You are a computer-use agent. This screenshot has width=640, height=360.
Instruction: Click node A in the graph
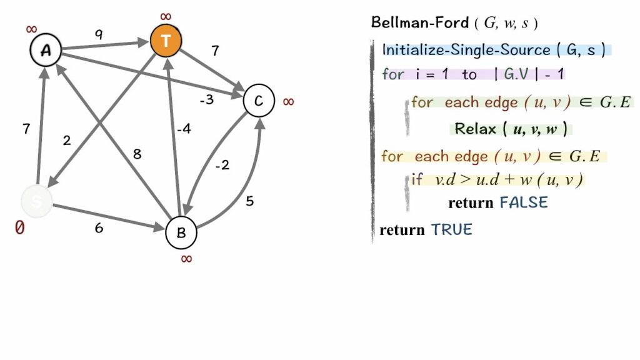click(46, 51)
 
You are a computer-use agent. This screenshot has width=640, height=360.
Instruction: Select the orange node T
click(166, 41)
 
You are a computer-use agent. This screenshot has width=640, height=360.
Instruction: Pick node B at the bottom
click(181, 232)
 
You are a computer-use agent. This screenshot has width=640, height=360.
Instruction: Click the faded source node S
click(36, 201)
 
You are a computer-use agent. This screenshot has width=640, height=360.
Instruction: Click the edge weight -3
click(207, 100)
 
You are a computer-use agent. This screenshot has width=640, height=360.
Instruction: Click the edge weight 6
click(99, 228)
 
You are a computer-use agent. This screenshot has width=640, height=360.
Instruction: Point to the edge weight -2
click(222, 166)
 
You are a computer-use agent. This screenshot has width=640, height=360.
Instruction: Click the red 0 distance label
click(20, 228)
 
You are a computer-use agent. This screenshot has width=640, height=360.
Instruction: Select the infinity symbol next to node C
click(288, 101)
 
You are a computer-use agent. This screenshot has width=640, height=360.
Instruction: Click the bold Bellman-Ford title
click(419, 23)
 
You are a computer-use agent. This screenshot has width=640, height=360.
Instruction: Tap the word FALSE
click(523, 202)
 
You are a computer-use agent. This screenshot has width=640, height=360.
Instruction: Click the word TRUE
click(451, 229)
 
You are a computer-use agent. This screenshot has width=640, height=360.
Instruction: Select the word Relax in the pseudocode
click(475, 129)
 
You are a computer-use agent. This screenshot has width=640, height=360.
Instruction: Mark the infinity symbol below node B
click(186, 259)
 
